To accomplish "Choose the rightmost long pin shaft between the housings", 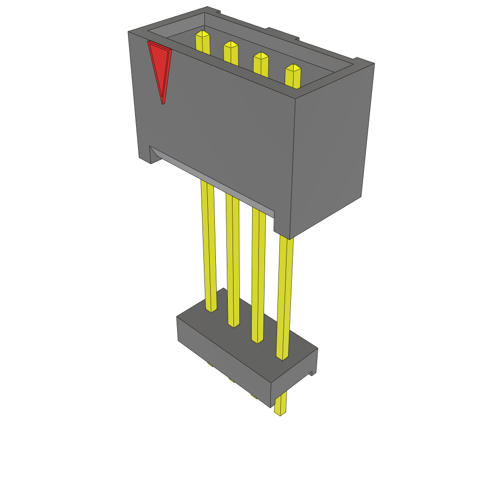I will [284, 296].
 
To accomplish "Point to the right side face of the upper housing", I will [332, 148].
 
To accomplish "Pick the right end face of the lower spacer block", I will [294, 377].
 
